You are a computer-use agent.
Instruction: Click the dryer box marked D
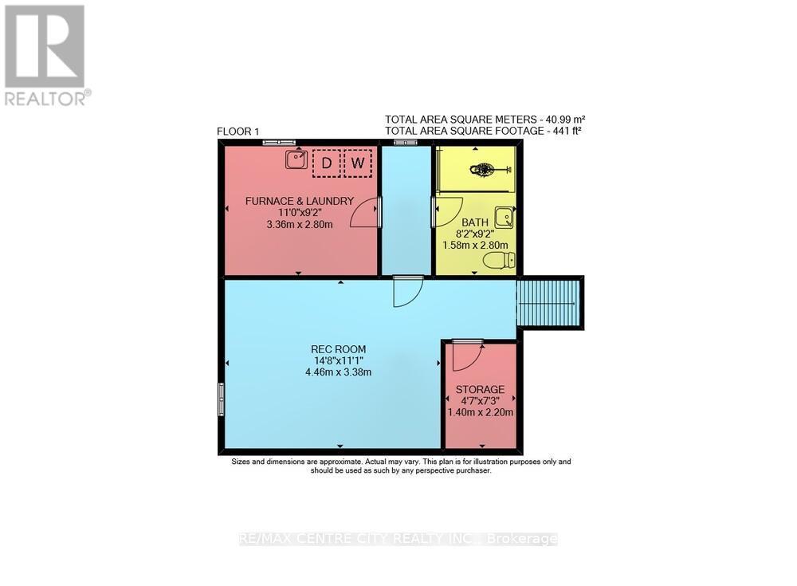(x=325, y=163)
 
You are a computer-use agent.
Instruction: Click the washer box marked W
(x=359, y=163)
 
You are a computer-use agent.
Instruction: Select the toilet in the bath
(x=505, y=260)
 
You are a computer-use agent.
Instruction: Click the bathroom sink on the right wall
(x=504, y=217)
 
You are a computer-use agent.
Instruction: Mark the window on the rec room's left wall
(x=221, y=398)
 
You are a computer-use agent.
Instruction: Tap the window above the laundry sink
(x=280, y=142)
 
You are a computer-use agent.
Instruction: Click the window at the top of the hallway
(x=406, y=142)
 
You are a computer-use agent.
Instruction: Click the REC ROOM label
(x=332, y=348)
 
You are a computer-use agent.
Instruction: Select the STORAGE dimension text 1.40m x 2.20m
(x=480, y=412)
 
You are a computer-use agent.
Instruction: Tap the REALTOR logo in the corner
(x=45, y=55)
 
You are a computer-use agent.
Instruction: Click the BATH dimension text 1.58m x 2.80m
(x=476, y=246)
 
